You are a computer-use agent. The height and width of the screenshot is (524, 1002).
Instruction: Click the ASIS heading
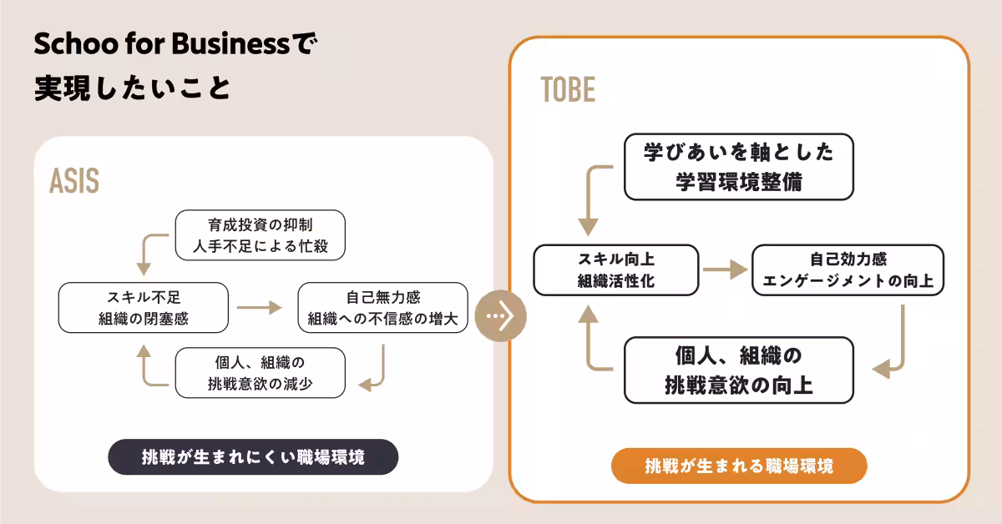click(74, 181)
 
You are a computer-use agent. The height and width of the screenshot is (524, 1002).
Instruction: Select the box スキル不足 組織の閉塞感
click(143, 307)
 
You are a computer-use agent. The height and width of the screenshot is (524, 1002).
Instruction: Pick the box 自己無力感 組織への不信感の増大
click(382, 307)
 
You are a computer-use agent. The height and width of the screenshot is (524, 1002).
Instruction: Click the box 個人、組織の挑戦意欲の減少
click(261, 373)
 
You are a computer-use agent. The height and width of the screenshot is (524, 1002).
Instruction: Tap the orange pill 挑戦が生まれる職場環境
click(739, 466)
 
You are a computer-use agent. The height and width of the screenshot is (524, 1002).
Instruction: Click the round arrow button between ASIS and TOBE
click(500, 315)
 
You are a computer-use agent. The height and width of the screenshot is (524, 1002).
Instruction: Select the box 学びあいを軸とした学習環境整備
click(738, 167)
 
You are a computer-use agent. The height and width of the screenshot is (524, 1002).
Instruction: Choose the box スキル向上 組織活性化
click(615, 270)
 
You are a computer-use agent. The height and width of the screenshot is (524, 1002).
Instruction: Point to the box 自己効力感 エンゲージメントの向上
click(848, 270)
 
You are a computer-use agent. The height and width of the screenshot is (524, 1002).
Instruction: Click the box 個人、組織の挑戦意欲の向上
click(738, 370)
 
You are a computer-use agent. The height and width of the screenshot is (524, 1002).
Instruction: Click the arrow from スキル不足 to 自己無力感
click(261, 307)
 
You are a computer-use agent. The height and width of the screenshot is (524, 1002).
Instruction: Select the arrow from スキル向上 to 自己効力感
click(724, 270)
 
